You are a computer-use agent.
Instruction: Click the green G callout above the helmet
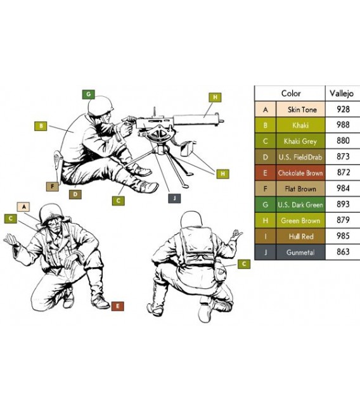(x=89, y=94)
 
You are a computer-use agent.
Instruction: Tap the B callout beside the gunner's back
(x=41, y=126)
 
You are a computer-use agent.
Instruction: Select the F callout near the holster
(x=52, y=186)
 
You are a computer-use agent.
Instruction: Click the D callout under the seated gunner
(x=75, y=194)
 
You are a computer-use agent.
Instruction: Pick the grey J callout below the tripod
(x=174, y=198)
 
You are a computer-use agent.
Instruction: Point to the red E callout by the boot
(x=117, y=306)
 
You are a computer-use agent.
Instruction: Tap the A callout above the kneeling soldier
(x=23, y=207)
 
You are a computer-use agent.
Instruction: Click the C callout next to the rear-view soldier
(x=244, y=264)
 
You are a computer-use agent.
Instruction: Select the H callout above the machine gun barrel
(x=215, y=98)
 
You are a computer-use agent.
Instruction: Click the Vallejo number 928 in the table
(x=343, y=109)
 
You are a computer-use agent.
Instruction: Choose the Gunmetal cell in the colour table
(x=300, y=252)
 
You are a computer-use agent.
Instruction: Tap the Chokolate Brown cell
(x=300, y=173)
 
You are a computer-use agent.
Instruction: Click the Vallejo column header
(x=342, y=93)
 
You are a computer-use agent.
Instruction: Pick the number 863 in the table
(x=343, y=252)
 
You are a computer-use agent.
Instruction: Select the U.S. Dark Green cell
(x=300, y=205)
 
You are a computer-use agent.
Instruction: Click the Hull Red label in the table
(x=301, y=236)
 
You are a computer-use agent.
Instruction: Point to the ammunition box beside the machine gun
(x=188, y=148)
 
